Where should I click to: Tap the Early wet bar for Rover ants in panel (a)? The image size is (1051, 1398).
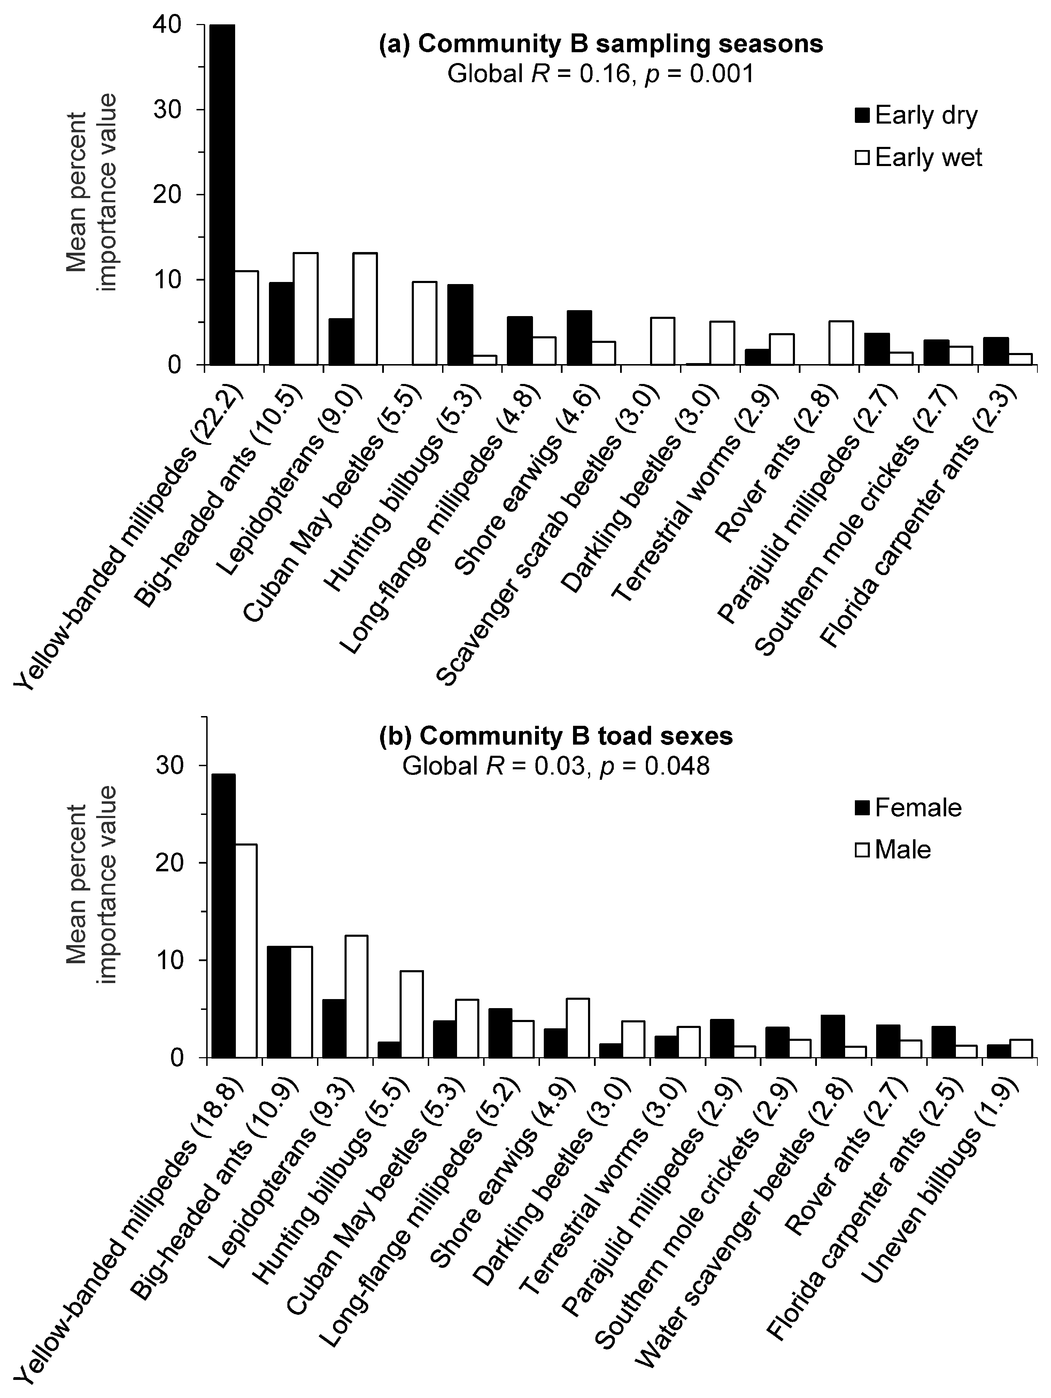tap(841, 343)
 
